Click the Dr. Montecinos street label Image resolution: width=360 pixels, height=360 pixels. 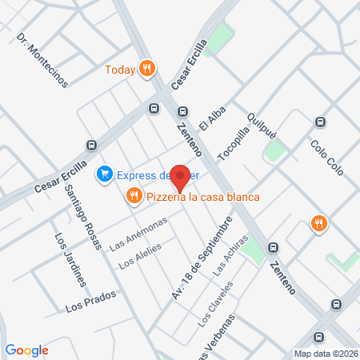coord(42,60)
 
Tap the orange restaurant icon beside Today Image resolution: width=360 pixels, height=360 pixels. coord(146,70)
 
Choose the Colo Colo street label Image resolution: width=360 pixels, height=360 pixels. coord(326,157)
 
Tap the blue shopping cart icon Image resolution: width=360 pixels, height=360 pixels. coord(104,174)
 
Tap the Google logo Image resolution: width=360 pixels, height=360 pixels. coord(27,350)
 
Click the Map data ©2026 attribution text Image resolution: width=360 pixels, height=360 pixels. coord(326,354)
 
